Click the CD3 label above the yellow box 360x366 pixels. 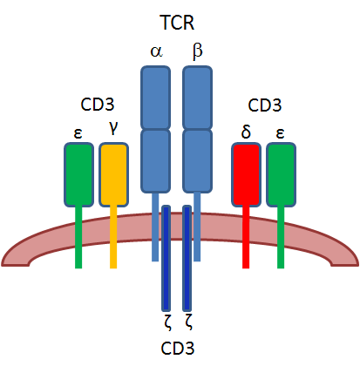tap(97, 106)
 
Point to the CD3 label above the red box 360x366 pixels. tap(265, 106)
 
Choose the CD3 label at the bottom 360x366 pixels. tap(179, 349)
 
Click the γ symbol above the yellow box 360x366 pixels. tap(113, 128)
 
